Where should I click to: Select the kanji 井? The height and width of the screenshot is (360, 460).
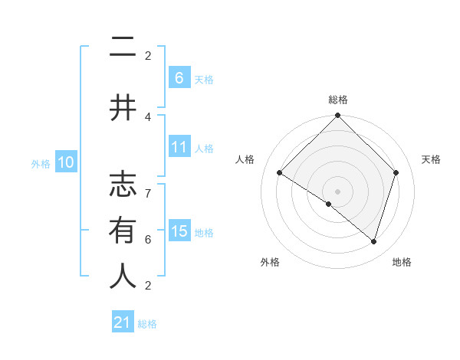tap(123, 108)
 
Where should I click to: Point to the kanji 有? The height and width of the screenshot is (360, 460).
tap(123, 231)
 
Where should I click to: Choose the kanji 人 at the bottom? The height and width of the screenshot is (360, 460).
tap(123, 277)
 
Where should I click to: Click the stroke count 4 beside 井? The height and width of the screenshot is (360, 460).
tap(148, 116)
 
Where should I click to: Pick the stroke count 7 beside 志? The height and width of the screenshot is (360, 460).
tap(148, 185)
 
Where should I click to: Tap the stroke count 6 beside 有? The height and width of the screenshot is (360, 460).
tap(148, 239)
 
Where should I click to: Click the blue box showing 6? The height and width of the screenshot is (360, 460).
tap(179, 77)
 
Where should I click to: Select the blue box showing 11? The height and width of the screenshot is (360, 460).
tap(179, 147)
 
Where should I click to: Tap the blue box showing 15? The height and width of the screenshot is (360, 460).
tap(179, 231)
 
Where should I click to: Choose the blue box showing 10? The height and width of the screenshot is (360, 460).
tap(65, 162)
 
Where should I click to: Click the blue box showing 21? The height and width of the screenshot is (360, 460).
tap(123, 322)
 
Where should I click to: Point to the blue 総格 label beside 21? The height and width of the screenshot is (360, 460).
tap(147, 324)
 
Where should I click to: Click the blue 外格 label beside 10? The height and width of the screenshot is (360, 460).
tap(41, 163)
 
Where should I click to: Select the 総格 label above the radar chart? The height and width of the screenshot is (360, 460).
tap(337, 100)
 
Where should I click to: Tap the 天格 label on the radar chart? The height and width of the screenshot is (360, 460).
tap(431, 159)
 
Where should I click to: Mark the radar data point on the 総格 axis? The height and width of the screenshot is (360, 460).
tap(337, 116)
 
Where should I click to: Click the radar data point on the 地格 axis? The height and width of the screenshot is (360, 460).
tap(373, 241)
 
